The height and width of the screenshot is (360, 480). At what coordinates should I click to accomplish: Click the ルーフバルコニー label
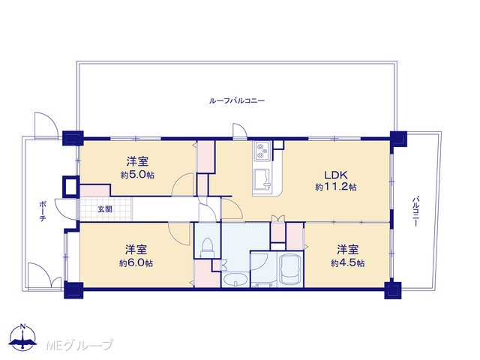(237, 100)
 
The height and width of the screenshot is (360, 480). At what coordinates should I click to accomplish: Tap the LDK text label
(336, 175)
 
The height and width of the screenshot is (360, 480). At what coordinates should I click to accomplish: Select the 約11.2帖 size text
(336, 187)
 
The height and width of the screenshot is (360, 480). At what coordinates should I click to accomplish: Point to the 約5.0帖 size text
(137, 175)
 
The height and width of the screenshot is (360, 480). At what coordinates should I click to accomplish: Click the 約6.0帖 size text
(136, 263)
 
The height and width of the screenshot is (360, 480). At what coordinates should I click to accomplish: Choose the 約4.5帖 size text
(347, 263)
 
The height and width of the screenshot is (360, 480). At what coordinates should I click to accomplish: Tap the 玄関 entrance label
(105, 209)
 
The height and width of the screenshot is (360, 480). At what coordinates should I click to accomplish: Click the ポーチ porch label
(43, 211)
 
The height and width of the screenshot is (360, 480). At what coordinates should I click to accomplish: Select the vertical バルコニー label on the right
(415, 211)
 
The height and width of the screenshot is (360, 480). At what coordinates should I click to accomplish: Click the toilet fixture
(207, 247)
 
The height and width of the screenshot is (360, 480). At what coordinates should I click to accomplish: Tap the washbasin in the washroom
(235, 280)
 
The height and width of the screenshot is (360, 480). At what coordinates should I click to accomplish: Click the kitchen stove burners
(262, 151)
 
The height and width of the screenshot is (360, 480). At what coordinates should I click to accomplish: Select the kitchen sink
(262, 181)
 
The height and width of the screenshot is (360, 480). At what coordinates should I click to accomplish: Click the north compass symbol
(22, 337)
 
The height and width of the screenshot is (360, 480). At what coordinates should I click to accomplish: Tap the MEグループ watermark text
(79, 345)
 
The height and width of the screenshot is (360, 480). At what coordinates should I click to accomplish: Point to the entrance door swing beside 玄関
(67, 209)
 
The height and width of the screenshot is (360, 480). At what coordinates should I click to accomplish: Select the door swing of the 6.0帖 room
(179, 233)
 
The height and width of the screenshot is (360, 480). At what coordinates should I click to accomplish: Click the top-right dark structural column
(398, 139)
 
